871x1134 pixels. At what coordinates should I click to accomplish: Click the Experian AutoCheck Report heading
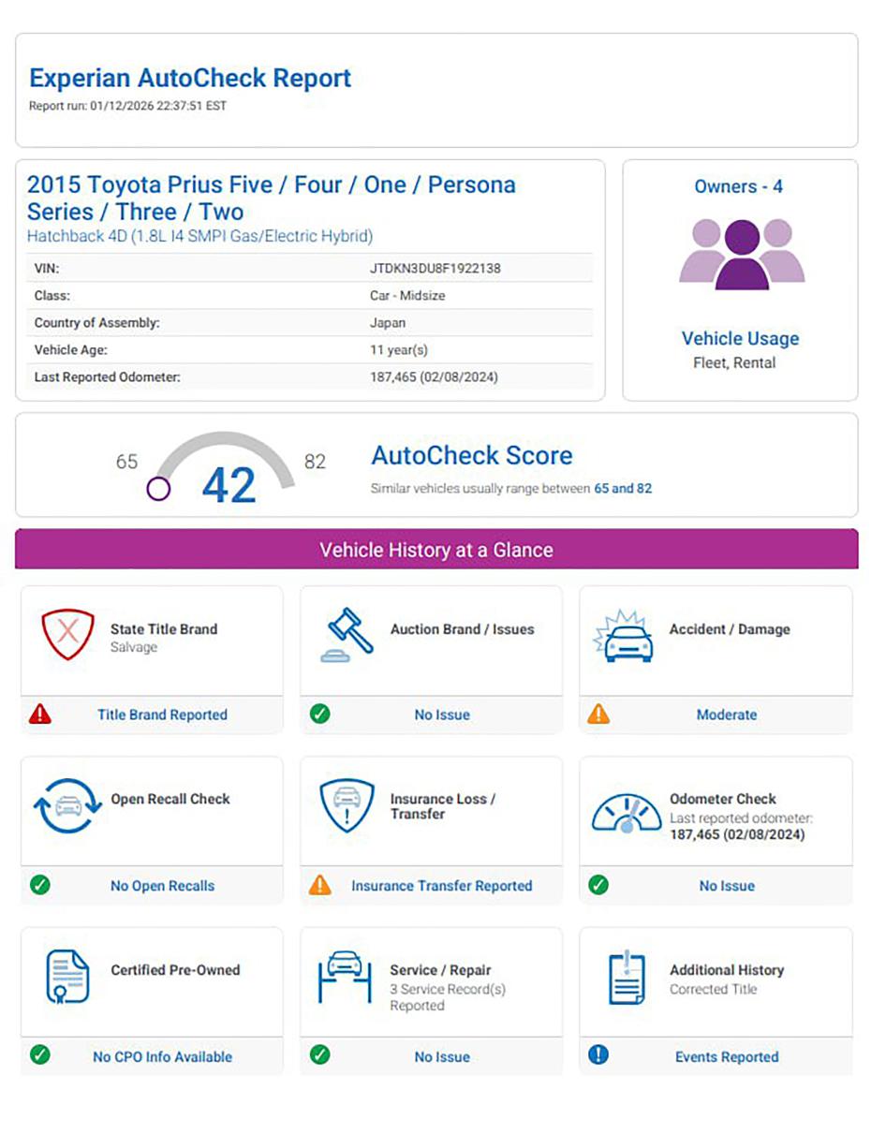(x=190, y=78)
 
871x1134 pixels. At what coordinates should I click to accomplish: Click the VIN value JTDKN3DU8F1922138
(x=435, y=269)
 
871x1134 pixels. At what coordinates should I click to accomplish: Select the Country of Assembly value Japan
(x=388, y=323)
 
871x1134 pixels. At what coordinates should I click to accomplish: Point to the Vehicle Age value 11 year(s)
(x=399, y=350)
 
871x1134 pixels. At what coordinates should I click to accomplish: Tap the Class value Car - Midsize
(x=407, y=296)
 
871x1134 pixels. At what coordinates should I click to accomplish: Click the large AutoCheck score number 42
(x=229, y=485)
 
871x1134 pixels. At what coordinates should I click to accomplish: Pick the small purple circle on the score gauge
(x=158, y=488)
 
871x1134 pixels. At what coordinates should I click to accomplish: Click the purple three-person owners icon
(x=741, y=254)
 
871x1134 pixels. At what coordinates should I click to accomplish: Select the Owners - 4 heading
(x=738, y=186)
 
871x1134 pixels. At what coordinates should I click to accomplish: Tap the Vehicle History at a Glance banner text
(x=435, y=550)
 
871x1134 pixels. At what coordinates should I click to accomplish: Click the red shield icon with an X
(x=67, y=633)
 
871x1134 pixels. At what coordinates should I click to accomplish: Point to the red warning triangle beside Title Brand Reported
(x=40, y=714)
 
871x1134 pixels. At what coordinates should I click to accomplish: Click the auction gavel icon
(x=347, y=635)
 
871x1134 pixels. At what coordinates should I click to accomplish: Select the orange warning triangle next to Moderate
(x=598, y=714)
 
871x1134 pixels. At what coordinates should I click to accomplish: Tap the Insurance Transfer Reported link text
(x=441, y=886)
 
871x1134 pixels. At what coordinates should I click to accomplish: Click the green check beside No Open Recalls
(x=40, y=885)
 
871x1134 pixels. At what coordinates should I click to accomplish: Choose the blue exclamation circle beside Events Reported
(x=598, y=1055)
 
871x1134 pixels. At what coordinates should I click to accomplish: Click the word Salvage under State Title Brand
(x=134, y=647)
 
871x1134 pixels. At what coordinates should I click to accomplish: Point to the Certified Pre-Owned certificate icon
(x=67, y=975)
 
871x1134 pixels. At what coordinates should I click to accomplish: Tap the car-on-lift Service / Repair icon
(x=345, y=976)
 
